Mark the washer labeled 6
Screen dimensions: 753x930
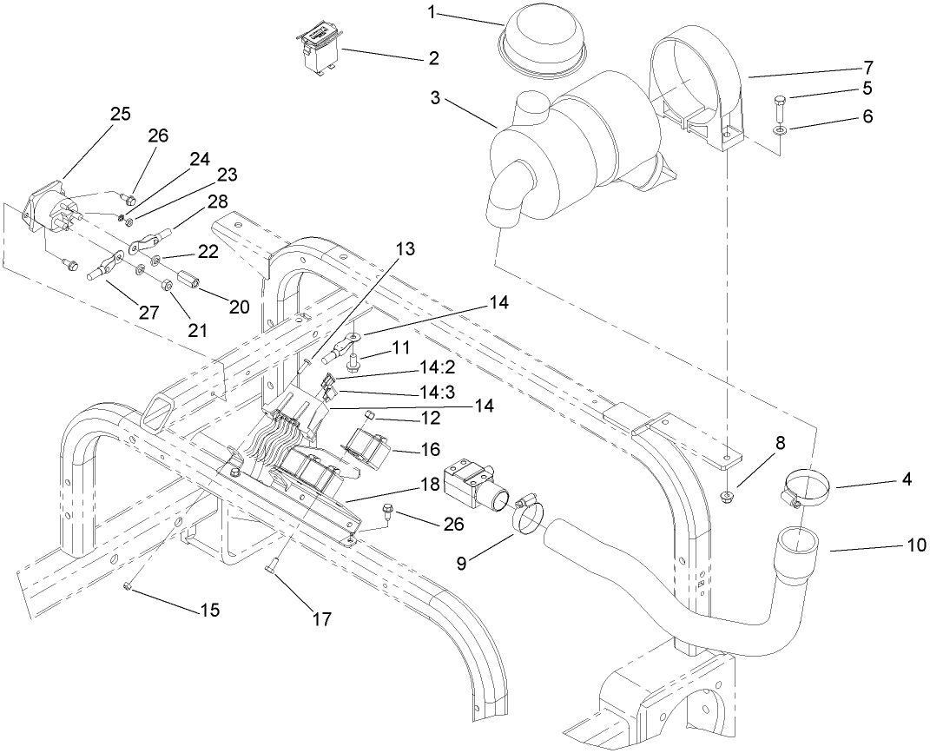tap(782, 130)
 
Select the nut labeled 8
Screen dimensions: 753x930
tap(726, 497)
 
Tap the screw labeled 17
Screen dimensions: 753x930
tap(270, 567)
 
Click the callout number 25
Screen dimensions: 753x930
tap(121, 113)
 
